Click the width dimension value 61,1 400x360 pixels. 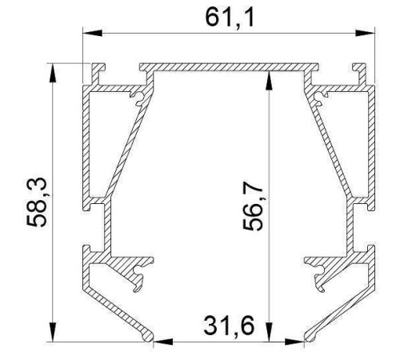pyautogui.click(x=229, y=18)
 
